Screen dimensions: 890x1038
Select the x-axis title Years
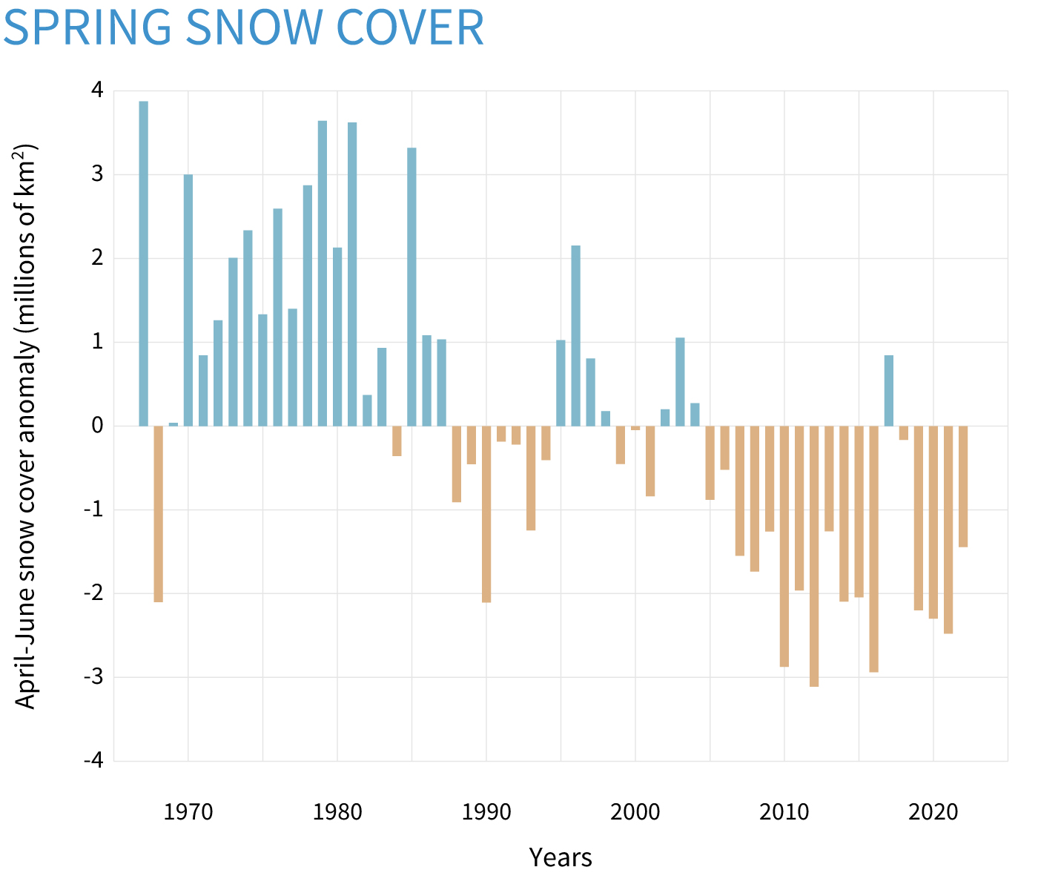coord(561,858)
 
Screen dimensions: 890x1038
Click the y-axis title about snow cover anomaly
coord(27,426)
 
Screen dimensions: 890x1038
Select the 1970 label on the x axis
coord(188,811)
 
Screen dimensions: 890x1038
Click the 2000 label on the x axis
coord(635,811)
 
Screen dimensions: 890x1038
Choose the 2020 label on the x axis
coord(933,811)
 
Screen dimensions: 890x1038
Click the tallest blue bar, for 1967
coord(144,263)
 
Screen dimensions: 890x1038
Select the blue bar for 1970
coord(188,300)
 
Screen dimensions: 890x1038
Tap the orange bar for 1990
coord(486,514)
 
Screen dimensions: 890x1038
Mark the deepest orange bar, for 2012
coord(814,556)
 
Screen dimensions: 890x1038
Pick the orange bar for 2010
coord(784,546)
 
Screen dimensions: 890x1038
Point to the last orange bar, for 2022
coord(963,487)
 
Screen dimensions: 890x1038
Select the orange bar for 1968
coord(159,514)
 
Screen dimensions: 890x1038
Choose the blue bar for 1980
coord(337,337)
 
